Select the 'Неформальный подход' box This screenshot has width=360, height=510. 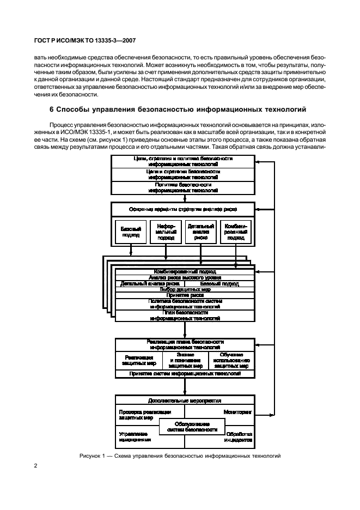(x=166, y=232)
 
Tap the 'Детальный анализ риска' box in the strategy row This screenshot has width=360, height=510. (x=201, y=232)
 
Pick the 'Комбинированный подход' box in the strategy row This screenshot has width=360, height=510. (x=235, y=232)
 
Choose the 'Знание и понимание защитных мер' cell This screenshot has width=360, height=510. (x=185, y=360)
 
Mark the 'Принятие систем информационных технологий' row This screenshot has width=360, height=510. (x=185, y=374)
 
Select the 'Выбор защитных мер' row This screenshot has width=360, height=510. (x=185, y=289)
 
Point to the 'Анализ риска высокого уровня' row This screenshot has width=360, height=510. (x=185, y=277)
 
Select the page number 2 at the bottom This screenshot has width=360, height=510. (x=35, y=466)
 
